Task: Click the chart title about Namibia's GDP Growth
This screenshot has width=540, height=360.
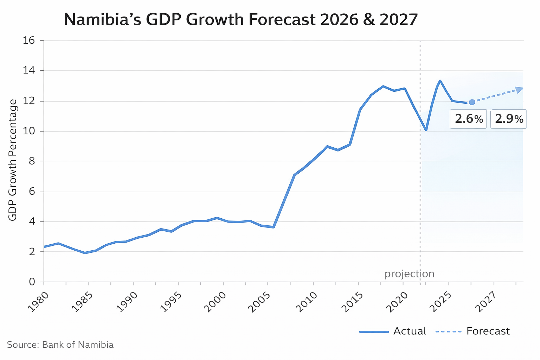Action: click(241, 20)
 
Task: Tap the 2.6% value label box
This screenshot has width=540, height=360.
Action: click(468, 119)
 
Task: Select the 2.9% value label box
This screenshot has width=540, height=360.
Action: click(508, 119)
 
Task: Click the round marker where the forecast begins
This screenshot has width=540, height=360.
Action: click(472, 102)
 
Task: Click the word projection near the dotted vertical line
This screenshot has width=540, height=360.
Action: click(409, 274)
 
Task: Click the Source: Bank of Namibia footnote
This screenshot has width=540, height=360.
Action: click(60, 345)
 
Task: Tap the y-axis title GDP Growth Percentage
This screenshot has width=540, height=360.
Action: click(13, 160)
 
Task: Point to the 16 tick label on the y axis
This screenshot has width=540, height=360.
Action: click(29, 40)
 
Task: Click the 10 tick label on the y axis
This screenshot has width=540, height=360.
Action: click(29, 131)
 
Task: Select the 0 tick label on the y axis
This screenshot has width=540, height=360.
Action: click(32, 282)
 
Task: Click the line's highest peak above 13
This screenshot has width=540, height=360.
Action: click(440, 81)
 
